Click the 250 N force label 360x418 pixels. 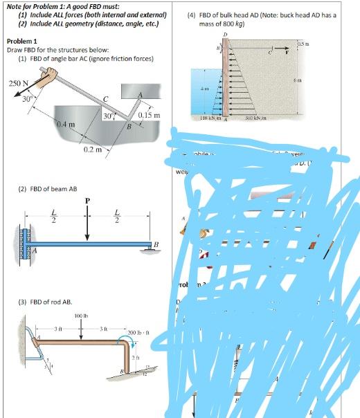pos(17,84)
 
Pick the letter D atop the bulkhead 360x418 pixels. pos(224,34)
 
